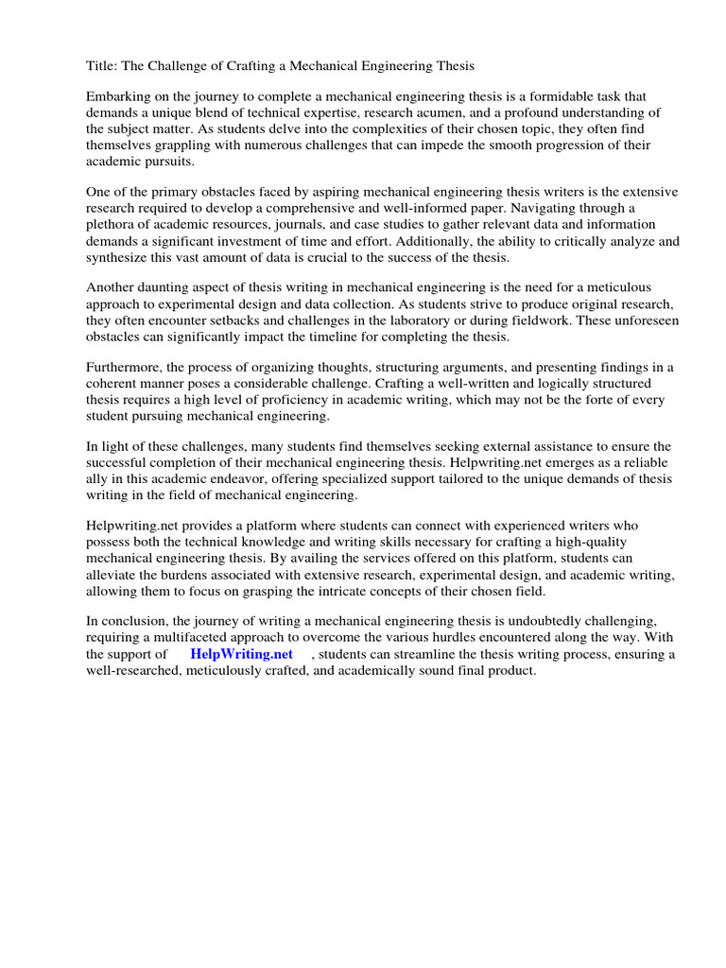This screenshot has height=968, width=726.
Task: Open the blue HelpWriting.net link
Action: [241, 653]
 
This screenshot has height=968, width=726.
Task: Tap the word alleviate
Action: [114, 575]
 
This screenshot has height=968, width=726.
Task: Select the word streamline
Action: [428, 654]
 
